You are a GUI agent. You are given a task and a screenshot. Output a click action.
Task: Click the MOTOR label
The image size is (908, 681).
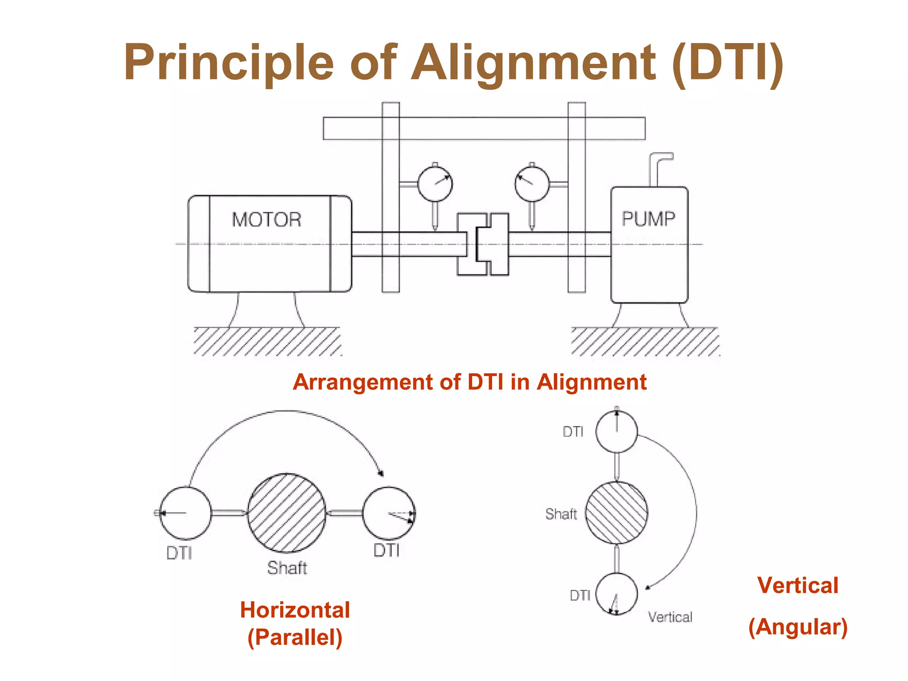266,220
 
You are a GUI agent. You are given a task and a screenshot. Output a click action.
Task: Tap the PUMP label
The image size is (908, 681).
648,219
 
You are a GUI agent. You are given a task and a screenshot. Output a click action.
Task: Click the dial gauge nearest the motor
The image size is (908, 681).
435,183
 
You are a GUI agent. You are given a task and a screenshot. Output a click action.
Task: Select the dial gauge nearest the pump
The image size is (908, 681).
532,183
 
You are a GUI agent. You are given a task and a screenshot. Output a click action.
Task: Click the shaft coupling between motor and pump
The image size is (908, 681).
483,244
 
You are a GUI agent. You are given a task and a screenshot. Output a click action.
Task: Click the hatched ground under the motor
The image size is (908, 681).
267,341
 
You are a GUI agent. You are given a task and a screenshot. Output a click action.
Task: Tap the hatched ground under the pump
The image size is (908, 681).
645,341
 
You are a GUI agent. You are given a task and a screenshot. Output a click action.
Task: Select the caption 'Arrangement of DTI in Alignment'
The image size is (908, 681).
470,382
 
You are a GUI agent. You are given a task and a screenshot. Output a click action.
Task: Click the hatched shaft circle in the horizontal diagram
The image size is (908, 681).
286,513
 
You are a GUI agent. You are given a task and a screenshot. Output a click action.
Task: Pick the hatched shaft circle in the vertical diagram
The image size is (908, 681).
616,513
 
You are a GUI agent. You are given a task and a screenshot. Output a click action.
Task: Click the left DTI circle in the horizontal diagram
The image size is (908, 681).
185,513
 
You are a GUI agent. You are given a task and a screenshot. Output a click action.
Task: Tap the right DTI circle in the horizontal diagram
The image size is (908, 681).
389,513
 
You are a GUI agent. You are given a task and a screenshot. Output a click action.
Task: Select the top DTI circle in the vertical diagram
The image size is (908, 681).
616,431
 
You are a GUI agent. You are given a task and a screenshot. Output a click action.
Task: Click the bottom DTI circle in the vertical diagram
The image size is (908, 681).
616,594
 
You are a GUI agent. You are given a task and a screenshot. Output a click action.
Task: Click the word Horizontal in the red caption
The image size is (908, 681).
295,610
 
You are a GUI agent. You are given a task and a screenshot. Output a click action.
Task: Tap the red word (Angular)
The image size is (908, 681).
798,627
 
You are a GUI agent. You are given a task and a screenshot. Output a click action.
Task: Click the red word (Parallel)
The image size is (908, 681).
295,638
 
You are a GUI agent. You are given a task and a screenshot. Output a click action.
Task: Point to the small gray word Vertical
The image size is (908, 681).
670,617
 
